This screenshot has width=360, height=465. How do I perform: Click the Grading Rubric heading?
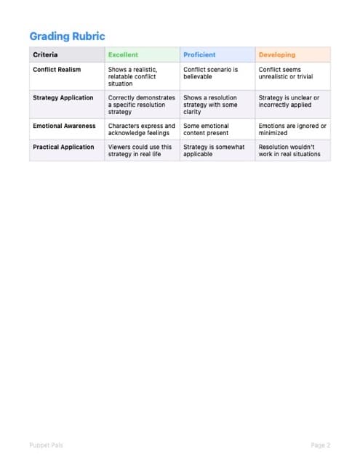click(x=67, y=36)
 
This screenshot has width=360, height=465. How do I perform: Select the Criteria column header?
click(x=45, y=54)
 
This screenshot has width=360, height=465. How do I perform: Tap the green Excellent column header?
click(x=123, y=54)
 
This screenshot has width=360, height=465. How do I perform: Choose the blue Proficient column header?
click(x=199, y=54)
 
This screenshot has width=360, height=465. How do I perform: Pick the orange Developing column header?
click(x=276, y=54)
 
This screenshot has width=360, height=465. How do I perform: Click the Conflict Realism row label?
click(x=57, y=70)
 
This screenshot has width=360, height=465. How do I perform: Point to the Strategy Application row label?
click(x=63, y=97)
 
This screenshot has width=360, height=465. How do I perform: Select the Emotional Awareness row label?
click(x=64, y=126)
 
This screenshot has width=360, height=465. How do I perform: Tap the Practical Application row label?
click(x=63, y=147)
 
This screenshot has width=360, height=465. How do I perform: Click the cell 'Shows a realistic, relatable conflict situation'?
click(x=135, y=76)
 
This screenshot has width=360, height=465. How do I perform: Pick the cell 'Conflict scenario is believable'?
click(x=210, y=73)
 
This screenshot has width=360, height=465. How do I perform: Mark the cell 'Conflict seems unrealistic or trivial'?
click(x=285, y=73)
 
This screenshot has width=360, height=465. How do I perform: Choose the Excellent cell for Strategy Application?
click(x=141, y=105)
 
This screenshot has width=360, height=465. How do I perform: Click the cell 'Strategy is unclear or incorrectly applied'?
click(x=289, y=101)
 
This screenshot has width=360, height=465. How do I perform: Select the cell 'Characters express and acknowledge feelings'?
click(x=141, y=129)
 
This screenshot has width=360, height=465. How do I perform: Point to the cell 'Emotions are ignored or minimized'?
click(x=292, y=129)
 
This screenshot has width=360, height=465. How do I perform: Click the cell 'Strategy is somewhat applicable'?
click(x=212, y=150)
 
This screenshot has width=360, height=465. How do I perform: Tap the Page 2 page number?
click(x=320, y=445)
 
